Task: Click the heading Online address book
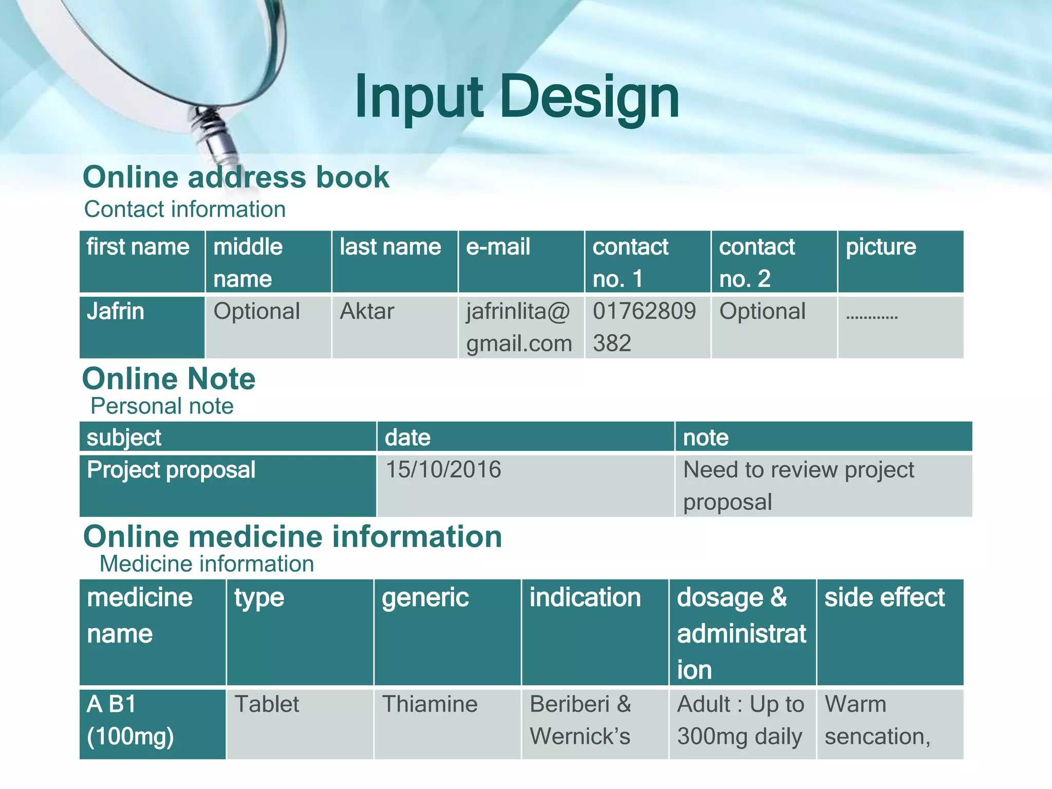click(236, 177)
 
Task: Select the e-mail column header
click(521, 261)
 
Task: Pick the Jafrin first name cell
click(142, 327)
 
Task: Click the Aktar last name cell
click(394, 327)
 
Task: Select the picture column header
click(900, 261)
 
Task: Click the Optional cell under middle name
click(268, 327)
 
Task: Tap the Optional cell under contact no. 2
click(774, 327)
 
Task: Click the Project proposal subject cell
click(227, 485)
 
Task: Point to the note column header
click(823, 437)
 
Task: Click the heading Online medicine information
click(292, 537)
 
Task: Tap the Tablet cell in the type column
click(299, 723)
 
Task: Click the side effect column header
click(890, 632)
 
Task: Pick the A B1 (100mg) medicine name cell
click(152, 723)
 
